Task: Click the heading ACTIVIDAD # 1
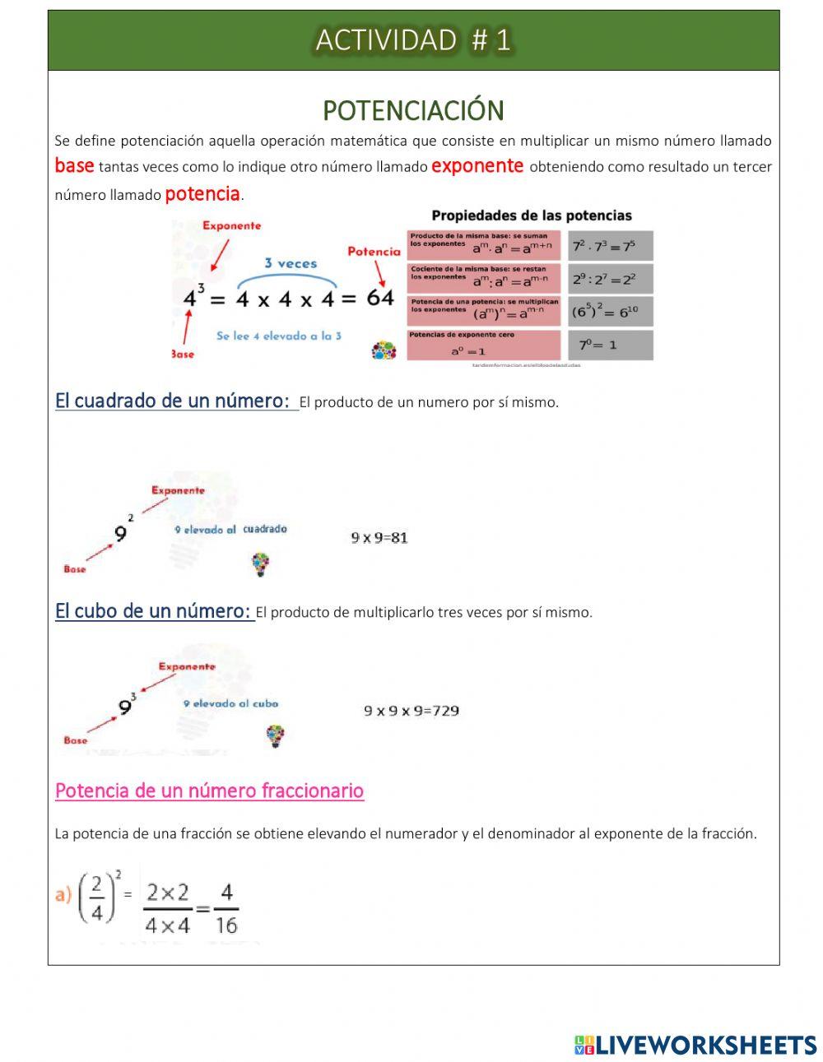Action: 413,39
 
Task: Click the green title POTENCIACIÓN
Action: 413,110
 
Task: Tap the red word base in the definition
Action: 74,165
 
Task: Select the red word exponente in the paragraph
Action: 477,166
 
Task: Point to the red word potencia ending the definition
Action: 202,194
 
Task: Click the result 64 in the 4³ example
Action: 380,298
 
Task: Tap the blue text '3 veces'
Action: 291,263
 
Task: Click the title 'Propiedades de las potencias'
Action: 531,216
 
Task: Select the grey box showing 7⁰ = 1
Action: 610,345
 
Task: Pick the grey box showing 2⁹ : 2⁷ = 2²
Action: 610,279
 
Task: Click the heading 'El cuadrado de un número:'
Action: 172,401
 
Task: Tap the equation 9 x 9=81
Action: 379,538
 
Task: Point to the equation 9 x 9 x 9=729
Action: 411,711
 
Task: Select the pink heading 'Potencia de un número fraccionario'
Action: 209,791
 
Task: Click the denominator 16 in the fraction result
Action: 226,925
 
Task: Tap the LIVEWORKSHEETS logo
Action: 695,1045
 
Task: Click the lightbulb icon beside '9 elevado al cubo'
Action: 275,735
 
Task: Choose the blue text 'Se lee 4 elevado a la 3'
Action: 278,336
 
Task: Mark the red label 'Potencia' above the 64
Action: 374,251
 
